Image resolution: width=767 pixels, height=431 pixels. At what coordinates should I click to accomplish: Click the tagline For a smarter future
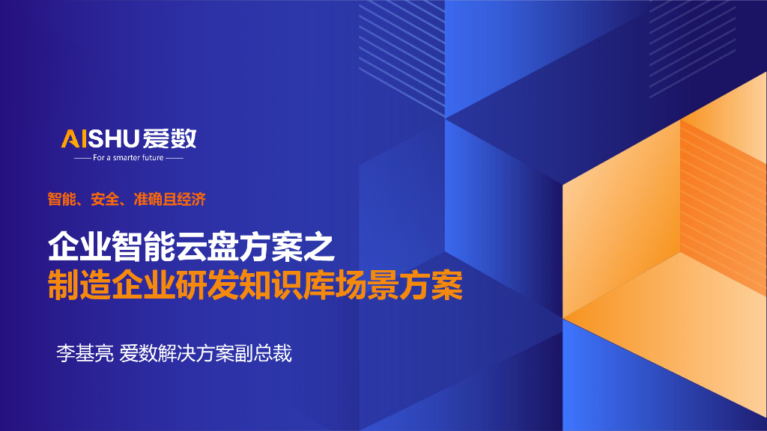point(128,158)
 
